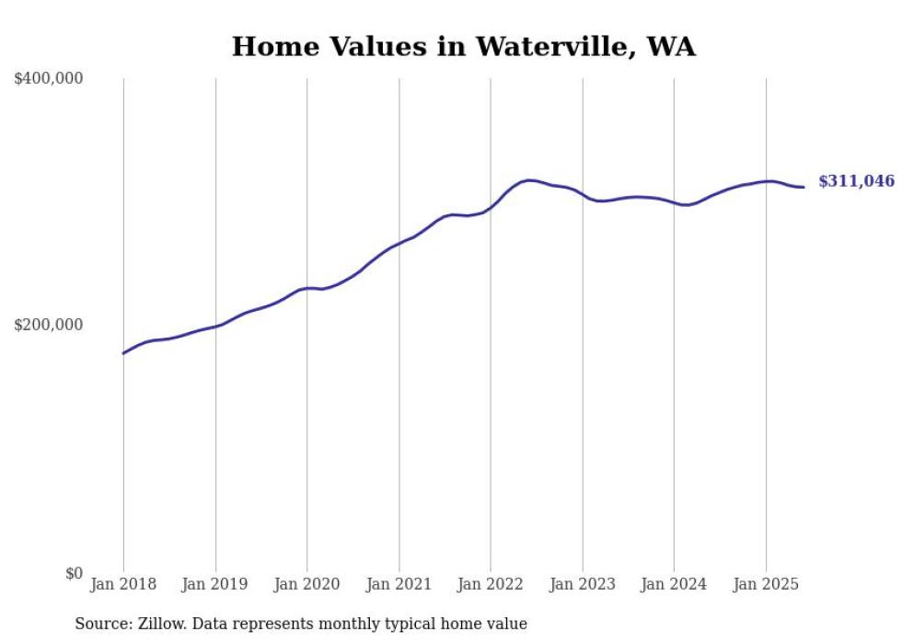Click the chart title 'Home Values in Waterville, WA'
click(463, 47)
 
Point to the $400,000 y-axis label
click(49, 79)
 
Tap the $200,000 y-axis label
click(49, 325)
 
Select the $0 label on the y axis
click(73, 573)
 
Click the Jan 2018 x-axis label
click(123, 584)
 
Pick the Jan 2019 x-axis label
click(215, 584)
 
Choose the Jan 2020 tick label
click(307, 584)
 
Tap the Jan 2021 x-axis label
click(399, 584)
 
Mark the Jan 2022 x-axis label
click(491, 584)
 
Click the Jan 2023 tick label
click(583, 584)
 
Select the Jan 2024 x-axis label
click(674, 584)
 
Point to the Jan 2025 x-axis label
click(766, 584)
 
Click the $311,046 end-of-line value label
click(856, 182)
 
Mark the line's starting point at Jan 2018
click(123, 353)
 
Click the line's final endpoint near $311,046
click(804, 188)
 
